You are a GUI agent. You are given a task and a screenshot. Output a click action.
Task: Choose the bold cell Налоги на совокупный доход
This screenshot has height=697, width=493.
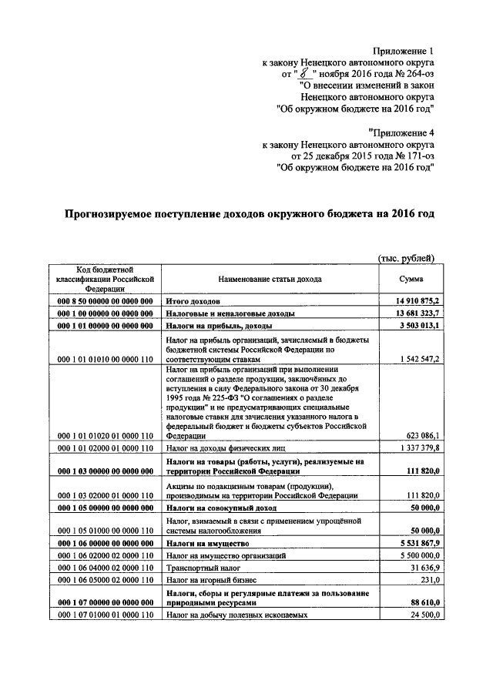click(216, 508)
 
